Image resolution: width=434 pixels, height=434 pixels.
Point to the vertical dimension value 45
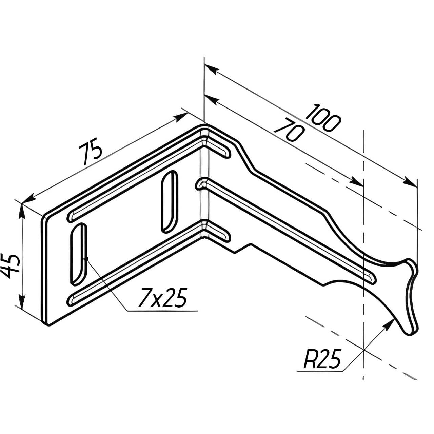click(10, 266)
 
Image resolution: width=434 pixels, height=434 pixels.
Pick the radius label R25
click(322, 359)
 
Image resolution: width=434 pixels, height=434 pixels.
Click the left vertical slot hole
click(78, 254)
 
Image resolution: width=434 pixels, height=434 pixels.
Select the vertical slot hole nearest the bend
click(170, 202)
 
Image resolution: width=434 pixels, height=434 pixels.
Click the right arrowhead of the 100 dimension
click(410, 182)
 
